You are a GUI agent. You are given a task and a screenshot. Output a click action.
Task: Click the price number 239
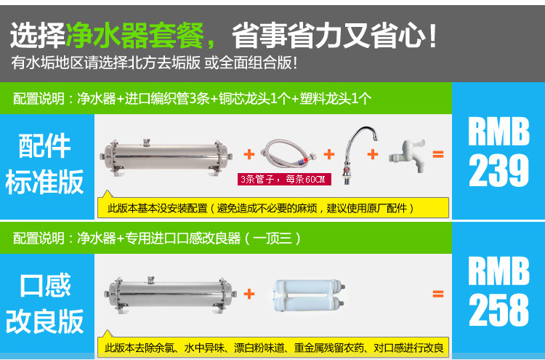point(498,171)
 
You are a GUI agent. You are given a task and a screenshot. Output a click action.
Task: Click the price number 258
point(498,310)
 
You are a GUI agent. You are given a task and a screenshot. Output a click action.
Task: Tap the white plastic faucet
point(408,156)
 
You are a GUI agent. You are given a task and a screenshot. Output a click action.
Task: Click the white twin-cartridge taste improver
point(308,295)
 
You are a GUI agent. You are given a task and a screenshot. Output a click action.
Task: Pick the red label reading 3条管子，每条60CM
point(284,179)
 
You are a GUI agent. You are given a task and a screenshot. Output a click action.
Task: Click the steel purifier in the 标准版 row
point(166,157)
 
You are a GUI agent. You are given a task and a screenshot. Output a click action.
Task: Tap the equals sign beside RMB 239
point(438,153)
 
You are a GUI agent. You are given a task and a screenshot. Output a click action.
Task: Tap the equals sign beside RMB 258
point(438,294)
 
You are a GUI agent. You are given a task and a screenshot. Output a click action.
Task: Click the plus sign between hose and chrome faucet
point(328,154)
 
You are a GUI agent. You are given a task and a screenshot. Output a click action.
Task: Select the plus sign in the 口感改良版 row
point(249,294)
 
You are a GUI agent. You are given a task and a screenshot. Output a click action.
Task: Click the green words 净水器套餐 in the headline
point(134,36)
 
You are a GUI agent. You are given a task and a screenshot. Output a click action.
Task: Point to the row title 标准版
point(45,182)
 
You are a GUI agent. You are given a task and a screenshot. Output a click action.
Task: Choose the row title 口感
point(45,285)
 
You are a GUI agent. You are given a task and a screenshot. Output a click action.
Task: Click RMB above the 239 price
point(498,131)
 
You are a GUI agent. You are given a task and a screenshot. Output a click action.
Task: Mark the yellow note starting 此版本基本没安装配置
point(273,208)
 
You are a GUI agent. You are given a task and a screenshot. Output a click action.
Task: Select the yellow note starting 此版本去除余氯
point(273,347)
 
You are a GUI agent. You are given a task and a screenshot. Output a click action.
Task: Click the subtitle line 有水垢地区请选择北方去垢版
point(105,63)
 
